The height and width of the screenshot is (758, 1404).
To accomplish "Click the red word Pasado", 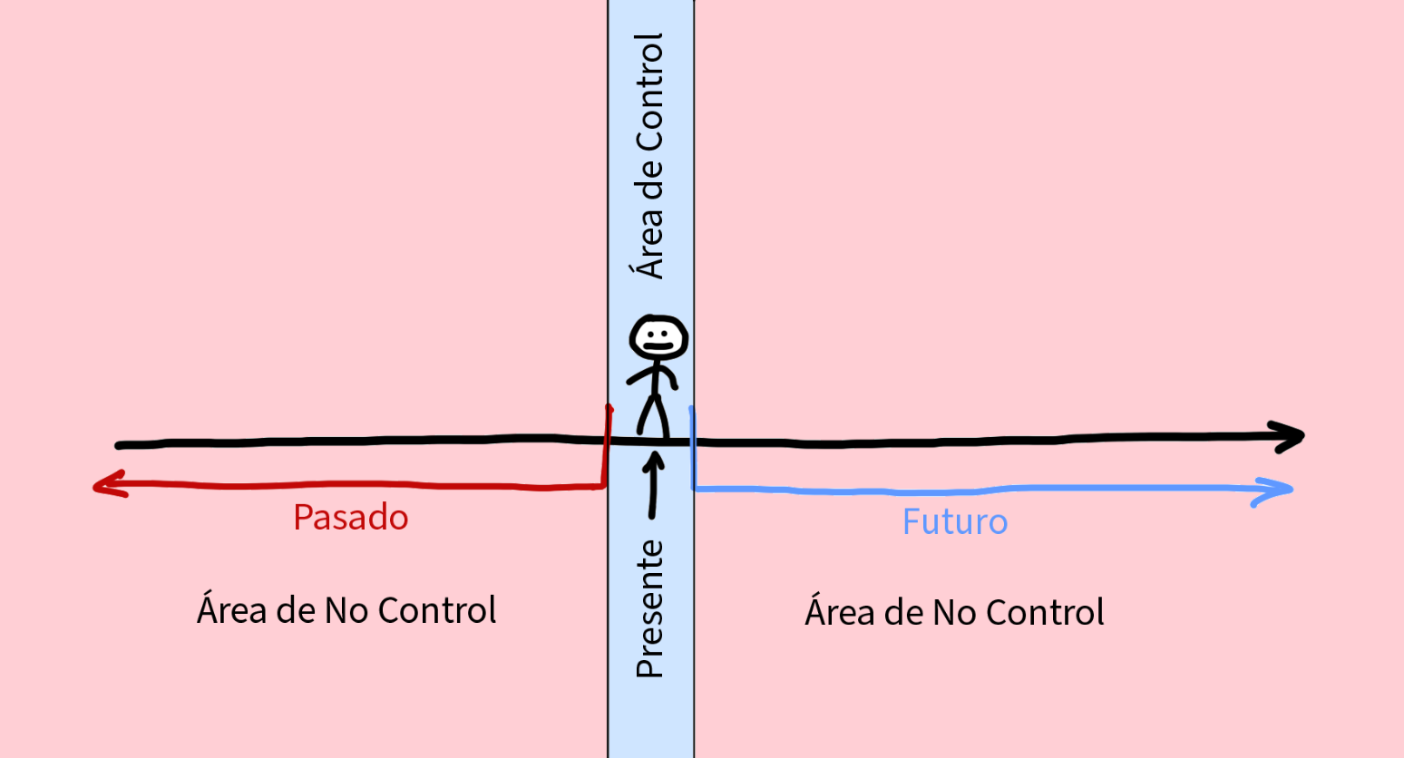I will coord(350,518).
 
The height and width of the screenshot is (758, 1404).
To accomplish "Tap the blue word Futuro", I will coord(954,522).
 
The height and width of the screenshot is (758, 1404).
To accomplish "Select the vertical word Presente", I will coord(650,608).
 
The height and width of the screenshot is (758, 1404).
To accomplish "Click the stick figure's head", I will coord(658,339).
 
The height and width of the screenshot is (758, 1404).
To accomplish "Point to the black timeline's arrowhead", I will coord(1292,436).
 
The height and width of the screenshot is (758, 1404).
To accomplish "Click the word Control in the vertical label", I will coord(649,92).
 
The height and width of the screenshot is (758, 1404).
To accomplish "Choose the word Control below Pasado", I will coord(436,610).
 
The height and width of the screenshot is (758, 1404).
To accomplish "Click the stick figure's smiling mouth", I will coord(658,346).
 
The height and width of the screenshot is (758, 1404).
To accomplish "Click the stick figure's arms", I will coord(651,375).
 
